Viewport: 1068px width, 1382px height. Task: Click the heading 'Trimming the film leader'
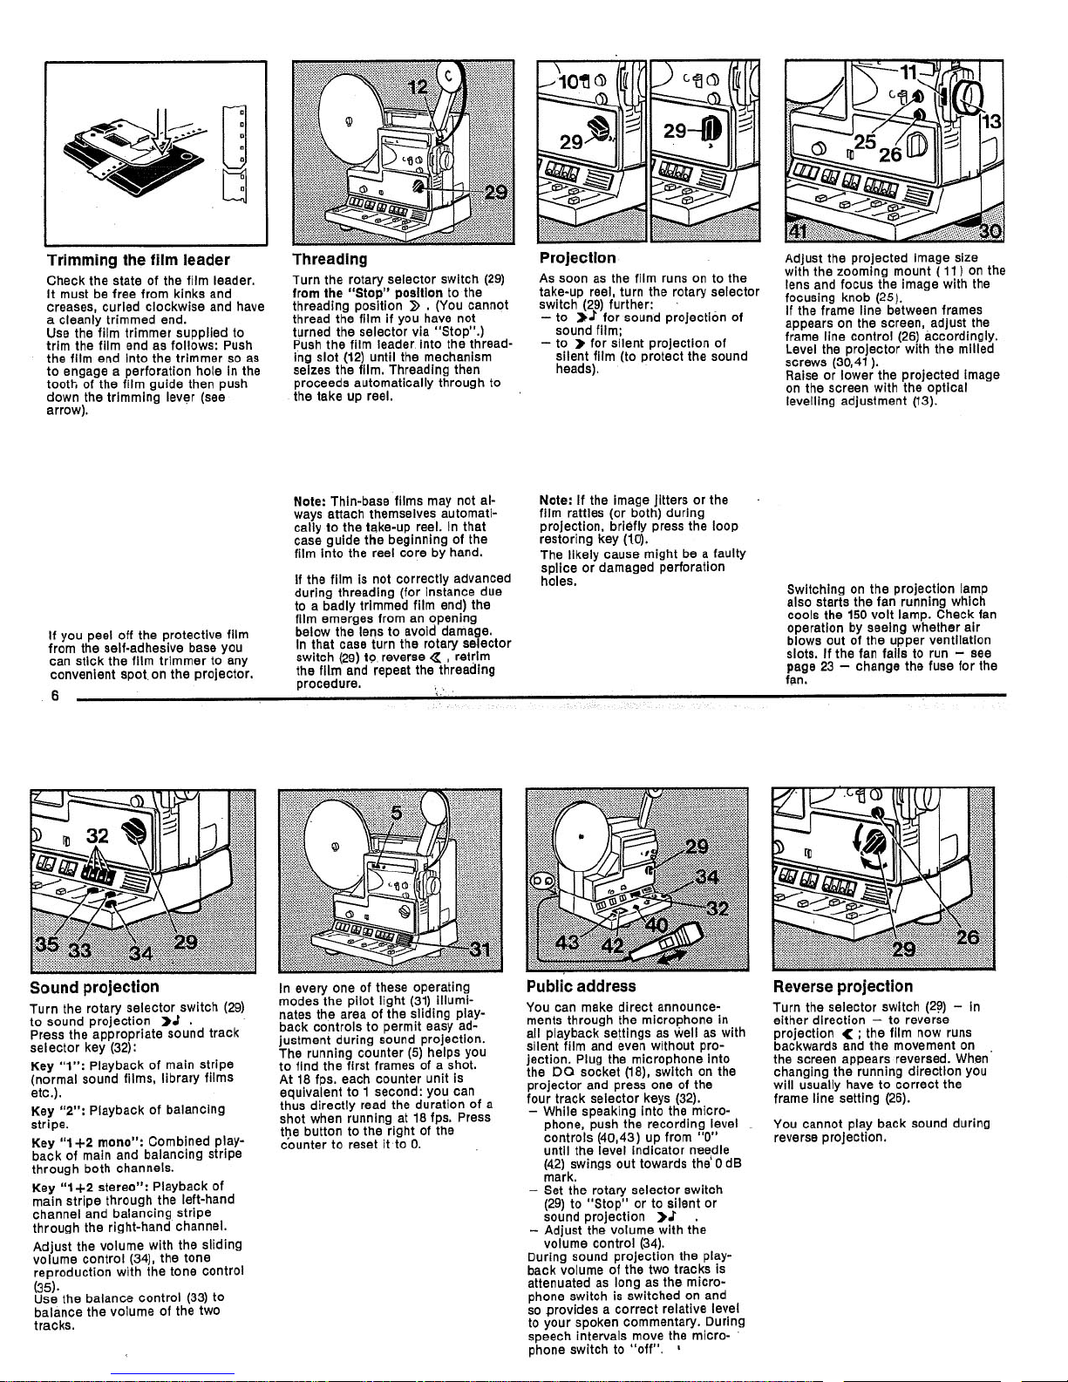[138, 260]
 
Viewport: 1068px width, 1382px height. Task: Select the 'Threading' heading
[330, 259]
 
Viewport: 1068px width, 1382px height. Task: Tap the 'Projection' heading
[577, 258]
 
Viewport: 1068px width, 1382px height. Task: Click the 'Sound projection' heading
[94, 987]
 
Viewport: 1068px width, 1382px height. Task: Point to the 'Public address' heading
[582, 986]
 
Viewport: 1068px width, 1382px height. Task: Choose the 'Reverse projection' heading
[843, 987]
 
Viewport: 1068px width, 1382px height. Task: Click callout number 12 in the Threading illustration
[418, 87]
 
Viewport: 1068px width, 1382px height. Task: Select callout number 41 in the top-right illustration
[797, 230]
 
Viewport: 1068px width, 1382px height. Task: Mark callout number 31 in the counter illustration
[479, 950]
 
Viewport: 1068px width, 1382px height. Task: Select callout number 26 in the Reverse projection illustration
[968, 937]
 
